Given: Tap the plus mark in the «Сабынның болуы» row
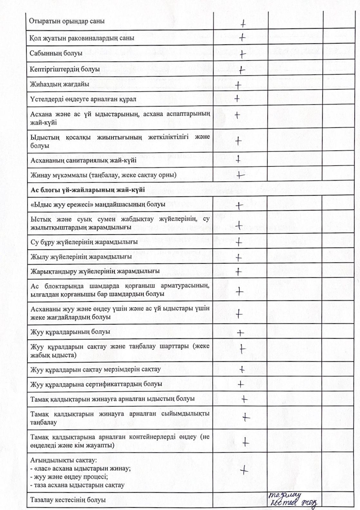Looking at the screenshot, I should point(243,54).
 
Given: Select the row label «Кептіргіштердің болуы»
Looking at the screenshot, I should point(65,69).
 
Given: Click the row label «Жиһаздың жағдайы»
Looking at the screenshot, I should point(60,84).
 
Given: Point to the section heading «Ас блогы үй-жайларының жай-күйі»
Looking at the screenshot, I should point(88,190).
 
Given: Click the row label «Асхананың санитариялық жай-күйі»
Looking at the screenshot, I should point(83,160).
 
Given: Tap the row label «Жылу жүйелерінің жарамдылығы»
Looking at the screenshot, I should point(81,257).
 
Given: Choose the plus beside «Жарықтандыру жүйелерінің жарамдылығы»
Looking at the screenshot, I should point(238,272).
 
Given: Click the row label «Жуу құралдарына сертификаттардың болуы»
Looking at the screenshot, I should point(96,384).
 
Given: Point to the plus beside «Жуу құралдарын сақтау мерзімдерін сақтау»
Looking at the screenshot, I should point(242,369).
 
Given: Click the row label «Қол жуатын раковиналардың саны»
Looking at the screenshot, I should point(82,38).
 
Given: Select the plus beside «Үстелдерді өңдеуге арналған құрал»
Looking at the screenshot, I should point(237,99).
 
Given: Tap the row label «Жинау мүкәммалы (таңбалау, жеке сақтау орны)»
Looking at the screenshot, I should point(103,175).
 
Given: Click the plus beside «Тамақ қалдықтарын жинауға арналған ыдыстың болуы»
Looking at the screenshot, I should point(244,399).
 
